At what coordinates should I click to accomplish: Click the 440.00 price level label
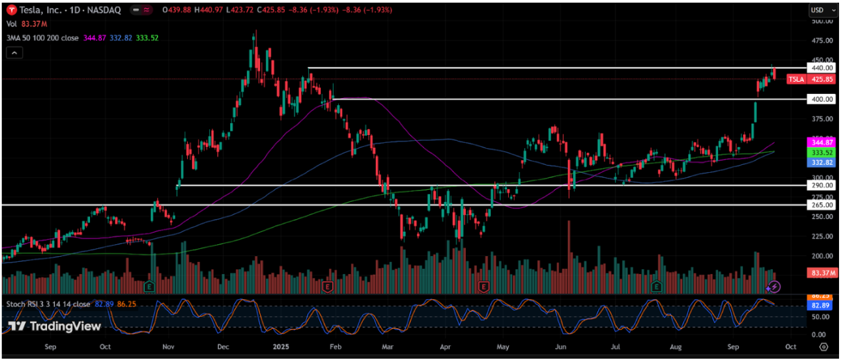click(x=820, y=67)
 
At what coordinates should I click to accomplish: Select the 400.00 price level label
click(x=820, y=99)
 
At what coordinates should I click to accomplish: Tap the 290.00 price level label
click(x=820, y=185)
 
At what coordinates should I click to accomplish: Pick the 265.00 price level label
click(x=820, y=205)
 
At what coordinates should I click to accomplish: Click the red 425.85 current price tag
click(x=820, y=79)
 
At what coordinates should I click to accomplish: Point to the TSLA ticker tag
click(x=795, y=79)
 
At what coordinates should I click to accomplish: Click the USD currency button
click(x=819, y=10)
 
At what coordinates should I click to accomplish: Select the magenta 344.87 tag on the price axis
click(x=820, y=142)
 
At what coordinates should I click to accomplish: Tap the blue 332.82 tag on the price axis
click(x=820, y=162)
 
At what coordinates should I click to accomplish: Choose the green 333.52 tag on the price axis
click(x=820, y=152)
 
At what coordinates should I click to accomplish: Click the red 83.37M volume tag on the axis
click(x=820, y=272)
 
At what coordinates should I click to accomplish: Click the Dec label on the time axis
click(x=223, y=346)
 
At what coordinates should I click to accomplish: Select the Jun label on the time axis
click(x=561, y=346)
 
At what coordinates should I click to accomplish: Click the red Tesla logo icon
click(x=9, y=10)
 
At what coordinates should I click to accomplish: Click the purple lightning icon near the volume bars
click(x=774, y=287)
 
